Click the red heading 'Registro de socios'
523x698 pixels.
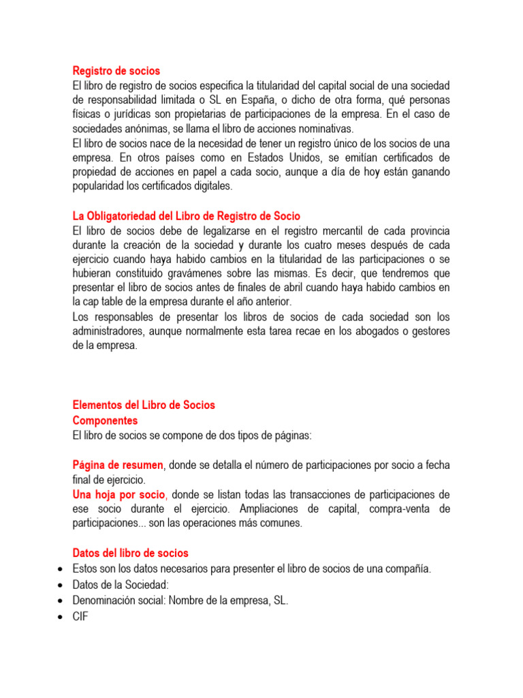(116, 70)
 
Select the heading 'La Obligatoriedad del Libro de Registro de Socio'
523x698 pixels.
(186, 216)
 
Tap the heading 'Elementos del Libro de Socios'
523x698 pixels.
(144, 405)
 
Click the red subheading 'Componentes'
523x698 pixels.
(105, 421)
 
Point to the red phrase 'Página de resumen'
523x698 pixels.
(118, 465)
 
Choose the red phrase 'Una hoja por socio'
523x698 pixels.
(119, 494)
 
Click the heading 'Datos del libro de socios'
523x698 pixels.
(131, 553)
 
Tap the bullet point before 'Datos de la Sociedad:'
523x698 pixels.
(62, 585)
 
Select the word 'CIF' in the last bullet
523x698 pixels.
(80, 616)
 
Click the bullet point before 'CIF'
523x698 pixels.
(62, 616)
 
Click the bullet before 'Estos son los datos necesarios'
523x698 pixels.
(62, 569)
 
